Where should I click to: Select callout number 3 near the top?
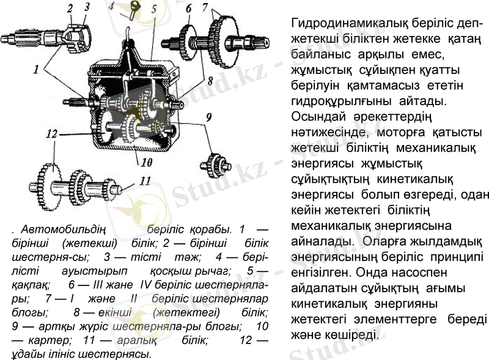[x=87, y=7]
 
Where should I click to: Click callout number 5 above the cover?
[x=153, y=9]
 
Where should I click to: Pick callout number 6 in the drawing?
[x=188, y=8]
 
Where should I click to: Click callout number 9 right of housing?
[x=209, y=116]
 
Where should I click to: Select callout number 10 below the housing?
[x=146, y=163]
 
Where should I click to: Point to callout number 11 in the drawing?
[x=144, y=180]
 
